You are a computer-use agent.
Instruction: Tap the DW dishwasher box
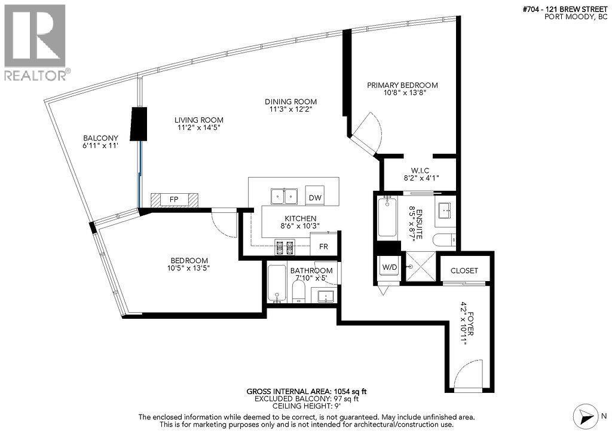click(314, 197)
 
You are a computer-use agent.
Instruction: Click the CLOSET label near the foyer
click(464, 270)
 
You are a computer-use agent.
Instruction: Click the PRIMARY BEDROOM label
click(402, 86)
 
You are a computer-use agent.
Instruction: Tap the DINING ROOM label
click(293, 102)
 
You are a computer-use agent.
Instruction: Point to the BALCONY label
click(100, 138)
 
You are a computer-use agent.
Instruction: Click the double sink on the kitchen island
click(284, 196)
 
